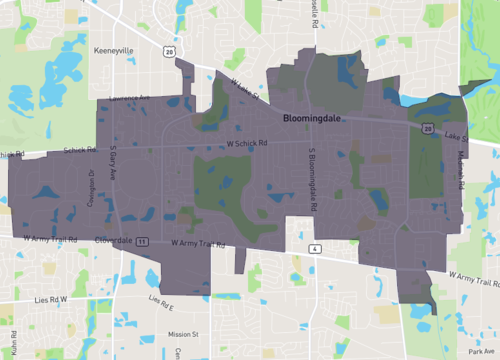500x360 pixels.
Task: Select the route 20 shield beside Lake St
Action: click(x=428, y=129)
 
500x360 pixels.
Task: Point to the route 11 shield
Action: click(x=144, y=241)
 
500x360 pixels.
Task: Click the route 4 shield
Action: click(x=314, y=248)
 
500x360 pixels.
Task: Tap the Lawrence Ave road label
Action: click(x=130, y=98)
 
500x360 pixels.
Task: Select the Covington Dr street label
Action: click(x=90, y=186)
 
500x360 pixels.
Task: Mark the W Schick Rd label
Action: click(x=248, y=142)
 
